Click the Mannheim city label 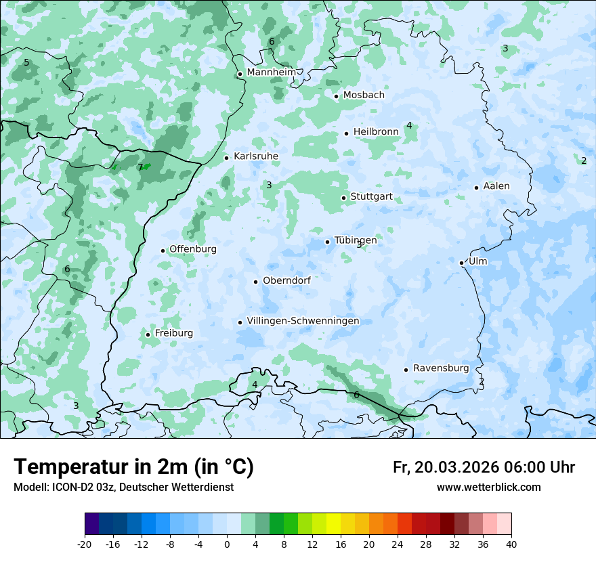pos(272,72)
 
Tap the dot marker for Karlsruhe pos(227,158)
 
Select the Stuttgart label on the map pos(371,197)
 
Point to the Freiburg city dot pos(148,334)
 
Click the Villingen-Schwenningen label pos(303,321)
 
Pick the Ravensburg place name pos(441,368)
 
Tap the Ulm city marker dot pos(461,263)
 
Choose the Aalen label pos(496,186)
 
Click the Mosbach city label pos(364,95)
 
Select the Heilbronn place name pos(376,131)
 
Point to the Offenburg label pos(193,249)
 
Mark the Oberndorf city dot pos(255,282)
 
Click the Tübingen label pos(356,240)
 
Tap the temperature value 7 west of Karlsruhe pos(140,167)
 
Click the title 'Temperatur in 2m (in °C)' pos(133,467)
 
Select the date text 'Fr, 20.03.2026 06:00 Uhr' pos(484,467)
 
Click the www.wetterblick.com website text pos(488,488)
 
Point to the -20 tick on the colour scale pos(85,544)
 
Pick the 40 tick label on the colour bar pos(511,544)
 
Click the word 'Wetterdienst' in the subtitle pos(204,488)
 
